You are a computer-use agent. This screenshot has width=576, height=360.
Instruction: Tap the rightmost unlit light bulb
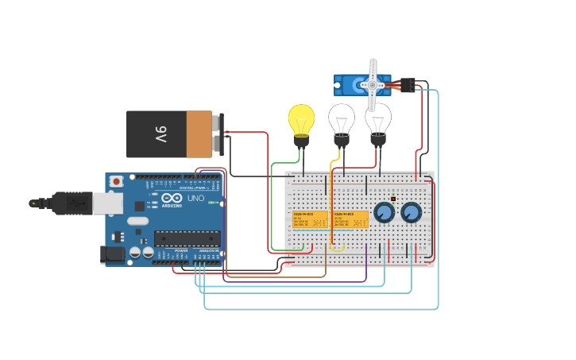(x=378, y=119)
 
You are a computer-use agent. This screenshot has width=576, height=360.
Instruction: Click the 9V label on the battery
(x=160, y=134)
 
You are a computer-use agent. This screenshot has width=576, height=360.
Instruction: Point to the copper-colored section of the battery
(x=199, y=134)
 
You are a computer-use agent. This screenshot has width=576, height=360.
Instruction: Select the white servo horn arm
(x=372, y=83)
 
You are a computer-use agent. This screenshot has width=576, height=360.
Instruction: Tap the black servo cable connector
(x=407, y=85)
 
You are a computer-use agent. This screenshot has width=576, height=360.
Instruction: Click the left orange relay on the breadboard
(x=311, y=219)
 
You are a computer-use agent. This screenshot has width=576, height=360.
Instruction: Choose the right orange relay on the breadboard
(x=350, y=219)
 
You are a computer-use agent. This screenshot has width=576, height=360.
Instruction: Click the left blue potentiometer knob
(x=384, y=212)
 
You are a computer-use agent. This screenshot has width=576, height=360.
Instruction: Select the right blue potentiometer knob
(x=411, y=212)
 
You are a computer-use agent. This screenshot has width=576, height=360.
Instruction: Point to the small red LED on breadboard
(x=392, y=199)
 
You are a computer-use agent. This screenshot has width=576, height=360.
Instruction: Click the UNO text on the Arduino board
(x=195, y=198)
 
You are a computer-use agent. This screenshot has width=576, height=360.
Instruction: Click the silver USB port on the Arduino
(x=107, y=203)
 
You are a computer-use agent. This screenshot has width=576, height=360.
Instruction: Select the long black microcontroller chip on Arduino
(x=187, y=238)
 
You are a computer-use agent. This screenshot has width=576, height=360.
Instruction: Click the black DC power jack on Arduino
(x=113, y=254)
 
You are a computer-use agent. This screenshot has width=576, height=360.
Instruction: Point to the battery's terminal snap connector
(x=219, y=134)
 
